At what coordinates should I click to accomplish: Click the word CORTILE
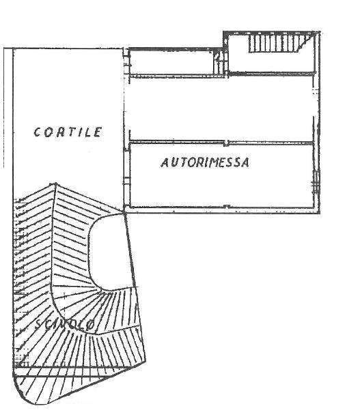[68, 132]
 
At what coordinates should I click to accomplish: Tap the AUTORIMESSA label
[205, 162]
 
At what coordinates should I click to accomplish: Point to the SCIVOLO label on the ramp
[65, 326]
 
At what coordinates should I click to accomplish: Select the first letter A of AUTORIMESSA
[165, 162]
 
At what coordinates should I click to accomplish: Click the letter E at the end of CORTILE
[98, 132]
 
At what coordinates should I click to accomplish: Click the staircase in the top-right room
[281, 43]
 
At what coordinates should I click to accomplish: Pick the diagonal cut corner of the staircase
[306, 43]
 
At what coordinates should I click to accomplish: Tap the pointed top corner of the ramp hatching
[55, 184]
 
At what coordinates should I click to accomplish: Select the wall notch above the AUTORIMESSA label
[226, 143]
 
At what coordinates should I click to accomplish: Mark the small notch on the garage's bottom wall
[227, 206]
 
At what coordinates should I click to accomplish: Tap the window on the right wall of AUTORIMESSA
[316, 182]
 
